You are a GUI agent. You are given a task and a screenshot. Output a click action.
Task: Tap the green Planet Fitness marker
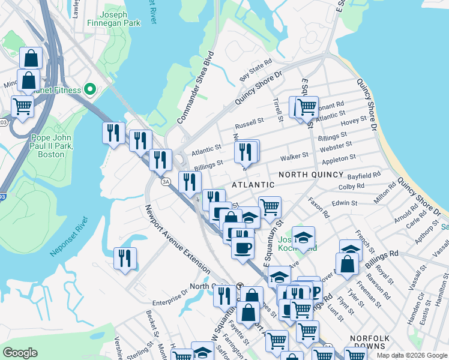90,90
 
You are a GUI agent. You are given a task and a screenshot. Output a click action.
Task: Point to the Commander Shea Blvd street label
196,85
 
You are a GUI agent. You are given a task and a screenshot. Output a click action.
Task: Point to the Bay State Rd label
256,70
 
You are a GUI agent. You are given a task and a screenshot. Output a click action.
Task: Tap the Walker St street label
295,157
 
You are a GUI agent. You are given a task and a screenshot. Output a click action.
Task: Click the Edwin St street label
345,203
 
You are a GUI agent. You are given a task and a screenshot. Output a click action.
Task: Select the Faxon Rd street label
319,208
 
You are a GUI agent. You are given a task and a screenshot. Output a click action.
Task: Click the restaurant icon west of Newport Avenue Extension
125,258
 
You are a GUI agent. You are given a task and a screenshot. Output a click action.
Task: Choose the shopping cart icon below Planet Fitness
22,106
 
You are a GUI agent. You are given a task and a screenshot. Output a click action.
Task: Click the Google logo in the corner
20,352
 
